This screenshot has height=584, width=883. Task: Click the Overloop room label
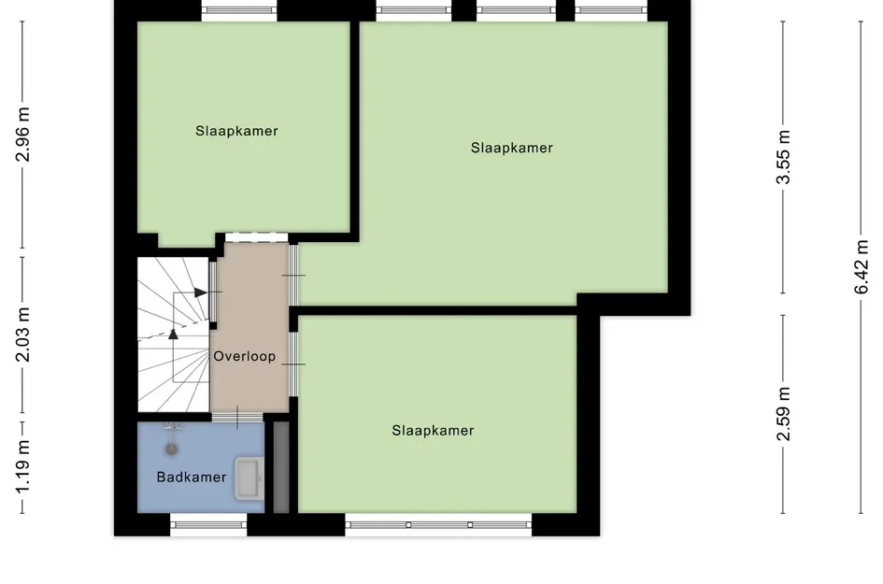pyautogui.click(x=245, y=356)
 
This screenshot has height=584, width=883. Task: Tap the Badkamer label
pyautogui.click(x=192, y=477)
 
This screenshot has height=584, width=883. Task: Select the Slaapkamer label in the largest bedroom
pyautogui.click(x=512, y=148)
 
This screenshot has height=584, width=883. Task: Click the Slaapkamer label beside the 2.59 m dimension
pyautogui.click(x=433, y=431)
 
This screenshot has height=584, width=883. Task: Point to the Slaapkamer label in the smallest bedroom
pyautogui.click(x=236, y=131)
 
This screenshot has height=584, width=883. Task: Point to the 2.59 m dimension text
pyautogui.click(x=785, y=413)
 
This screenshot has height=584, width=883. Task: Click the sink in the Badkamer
pyautogui.click(x=249, y=478)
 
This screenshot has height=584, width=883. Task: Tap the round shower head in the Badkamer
pyautogui.click(x=170, y=448)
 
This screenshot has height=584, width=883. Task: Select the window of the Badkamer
pyautogui.click(x=208, y=525)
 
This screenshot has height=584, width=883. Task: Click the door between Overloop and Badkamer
pyautogui.click(x=237, y=417)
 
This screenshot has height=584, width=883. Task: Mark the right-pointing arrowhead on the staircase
pyautogui.click(x=202, y=293)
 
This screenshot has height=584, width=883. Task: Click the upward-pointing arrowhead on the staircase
pyautogui.click(x=173, y=335)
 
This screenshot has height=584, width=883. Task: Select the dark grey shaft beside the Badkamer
pyautogui.click(x=280, y=467)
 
